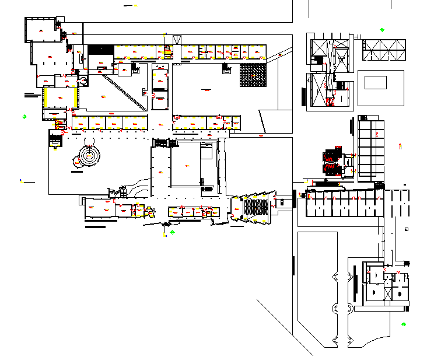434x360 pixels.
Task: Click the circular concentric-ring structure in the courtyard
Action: [x=89, y=156]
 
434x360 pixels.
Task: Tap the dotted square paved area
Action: [x=253, y=75]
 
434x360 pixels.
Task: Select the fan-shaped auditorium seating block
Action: [x=256, y=207]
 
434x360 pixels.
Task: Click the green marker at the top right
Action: [x=382, y=29]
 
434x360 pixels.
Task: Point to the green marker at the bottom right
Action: [x=404, y=324]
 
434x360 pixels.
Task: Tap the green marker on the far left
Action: [x=24, y=117]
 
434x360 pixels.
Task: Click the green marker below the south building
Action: [x=172, y=232]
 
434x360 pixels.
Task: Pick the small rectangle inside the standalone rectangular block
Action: [x=375, y=82]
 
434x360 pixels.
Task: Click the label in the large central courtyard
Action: [x=206, y=89]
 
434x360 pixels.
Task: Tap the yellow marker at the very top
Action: [x=135, y=5]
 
